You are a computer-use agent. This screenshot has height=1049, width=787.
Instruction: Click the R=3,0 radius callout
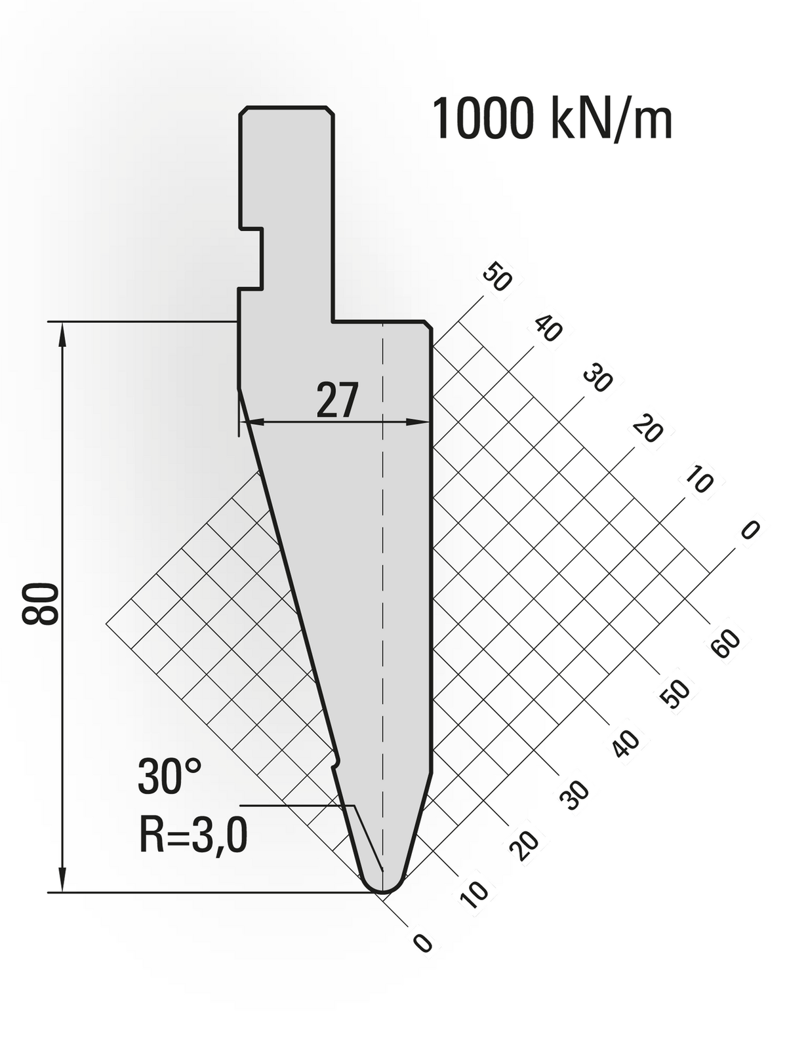pos(193,836)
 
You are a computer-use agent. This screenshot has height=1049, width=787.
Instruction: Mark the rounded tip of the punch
pos(382,888)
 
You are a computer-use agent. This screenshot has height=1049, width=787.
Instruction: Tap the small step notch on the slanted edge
pos(336,762)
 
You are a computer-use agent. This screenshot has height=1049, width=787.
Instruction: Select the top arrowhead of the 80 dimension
pos(63,332)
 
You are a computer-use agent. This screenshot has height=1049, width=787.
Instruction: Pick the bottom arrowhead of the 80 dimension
pos(63,881)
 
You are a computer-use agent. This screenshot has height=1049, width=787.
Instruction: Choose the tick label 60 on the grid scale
pos(725,643)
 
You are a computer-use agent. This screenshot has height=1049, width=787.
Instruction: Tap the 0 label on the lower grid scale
pos(423,943)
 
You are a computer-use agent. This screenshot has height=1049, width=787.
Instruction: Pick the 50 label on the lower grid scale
pos(675,694)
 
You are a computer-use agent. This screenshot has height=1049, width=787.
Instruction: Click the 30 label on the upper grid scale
pos(597,380)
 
